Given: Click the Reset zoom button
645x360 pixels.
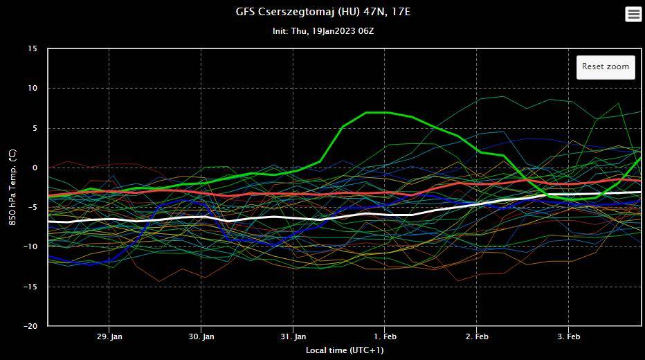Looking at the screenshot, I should (x=606, y=66).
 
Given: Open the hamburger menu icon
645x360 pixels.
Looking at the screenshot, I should (x=633, y=14).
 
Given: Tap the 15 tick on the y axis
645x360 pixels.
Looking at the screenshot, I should (x=33, y=48).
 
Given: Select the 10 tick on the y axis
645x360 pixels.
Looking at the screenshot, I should (x=33, y=88).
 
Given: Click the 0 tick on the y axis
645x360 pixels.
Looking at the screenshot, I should (x=35, y=168).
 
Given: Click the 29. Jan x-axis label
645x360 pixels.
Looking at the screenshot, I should (x=109, y=336).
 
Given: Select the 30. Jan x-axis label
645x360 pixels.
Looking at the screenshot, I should (x=201, y=336).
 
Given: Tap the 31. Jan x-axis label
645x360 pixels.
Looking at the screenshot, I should (x=293, y=336).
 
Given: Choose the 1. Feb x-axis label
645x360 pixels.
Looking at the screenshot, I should (x=385, y=336).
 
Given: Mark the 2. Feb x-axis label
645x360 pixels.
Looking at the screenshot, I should (x=477, y=336).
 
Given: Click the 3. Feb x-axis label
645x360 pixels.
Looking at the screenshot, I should (x=569, y=336).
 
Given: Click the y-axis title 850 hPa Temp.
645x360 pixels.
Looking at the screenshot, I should (x=12, y=188).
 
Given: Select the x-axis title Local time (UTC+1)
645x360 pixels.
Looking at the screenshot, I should (x=345, y=350).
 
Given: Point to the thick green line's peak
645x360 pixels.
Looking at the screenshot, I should (x=377, y=112).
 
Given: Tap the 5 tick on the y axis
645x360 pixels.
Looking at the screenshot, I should (x=35, y=128).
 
